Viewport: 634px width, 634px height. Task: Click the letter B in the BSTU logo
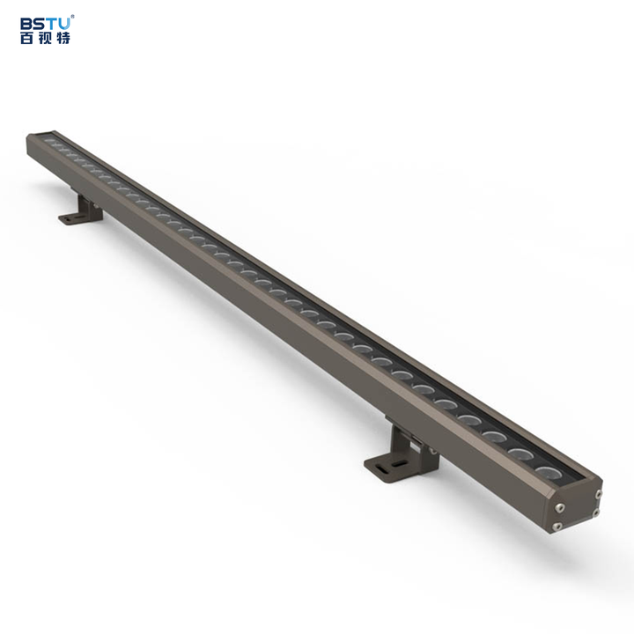point(26,23)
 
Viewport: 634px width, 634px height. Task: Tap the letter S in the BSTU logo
point(39,23)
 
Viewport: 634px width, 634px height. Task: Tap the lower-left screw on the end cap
point(557,527)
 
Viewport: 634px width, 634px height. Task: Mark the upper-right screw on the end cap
point(598,493)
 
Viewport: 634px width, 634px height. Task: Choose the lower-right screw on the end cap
point(596,512)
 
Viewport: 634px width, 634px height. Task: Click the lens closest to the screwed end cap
point(548,471)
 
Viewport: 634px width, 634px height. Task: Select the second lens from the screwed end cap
point(521,454)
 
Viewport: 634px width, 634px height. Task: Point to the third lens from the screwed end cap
point(494,438)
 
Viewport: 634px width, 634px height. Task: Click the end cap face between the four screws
point(578,510)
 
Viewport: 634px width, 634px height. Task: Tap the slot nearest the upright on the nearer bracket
point(397,462)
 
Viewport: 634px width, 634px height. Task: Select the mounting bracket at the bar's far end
point(81,211)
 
